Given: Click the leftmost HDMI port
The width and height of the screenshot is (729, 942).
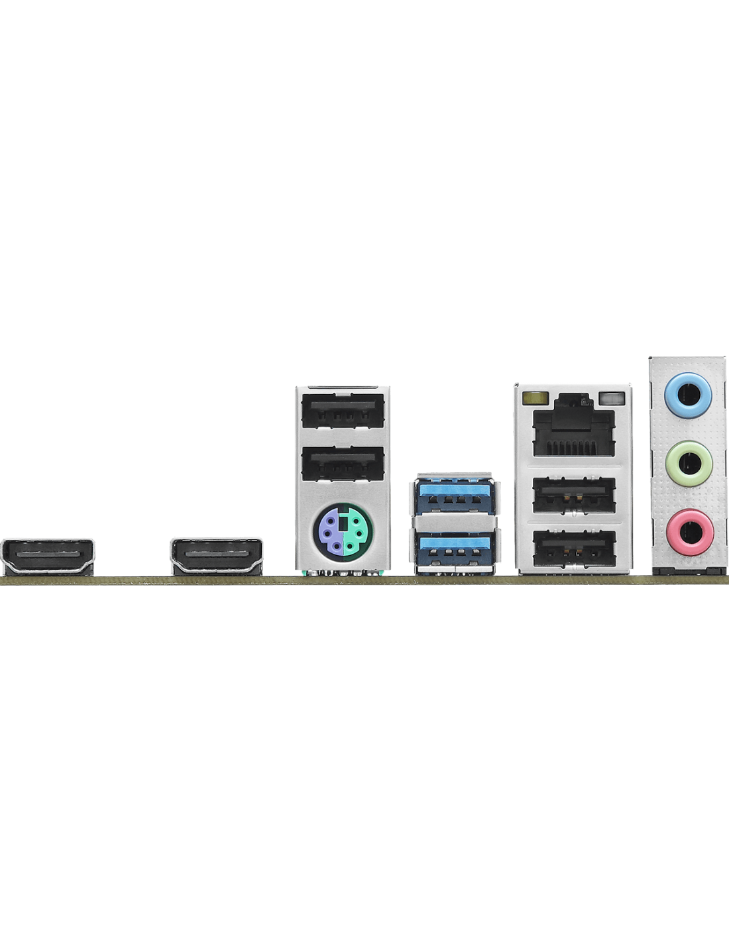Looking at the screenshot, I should pos(48,555).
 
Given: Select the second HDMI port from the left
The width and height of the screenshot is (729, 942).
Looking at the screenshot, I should pos(216,555).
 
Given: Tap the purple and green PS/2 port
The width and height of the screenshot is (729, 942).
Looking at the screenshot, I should pos(342,529).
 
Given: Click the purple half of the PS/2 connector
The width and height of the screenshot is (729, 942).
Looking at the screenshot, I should pos(331,529).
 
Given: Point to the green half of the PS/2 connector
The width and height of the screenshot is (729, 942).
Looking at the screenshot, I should pos(353,529).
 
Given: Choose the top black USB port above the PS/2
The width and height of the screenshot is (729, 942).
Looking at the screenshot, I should pos(342,412).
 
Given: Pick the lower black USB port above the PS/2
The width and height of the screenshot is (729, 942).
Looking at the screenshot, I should pos(342,464).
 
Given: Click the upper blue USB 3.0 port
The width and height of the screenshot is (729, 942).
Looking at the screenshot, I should pos(455,496).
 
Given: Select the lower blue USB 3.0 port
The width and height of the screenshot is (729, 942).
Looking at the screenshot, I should pos(455,549).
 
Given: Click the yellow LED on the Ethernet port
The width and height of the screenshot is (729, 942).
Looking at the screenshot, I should pos(534,399).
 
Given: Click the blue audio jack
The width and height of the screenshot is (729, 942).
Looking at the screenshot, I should pos(689,395).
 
